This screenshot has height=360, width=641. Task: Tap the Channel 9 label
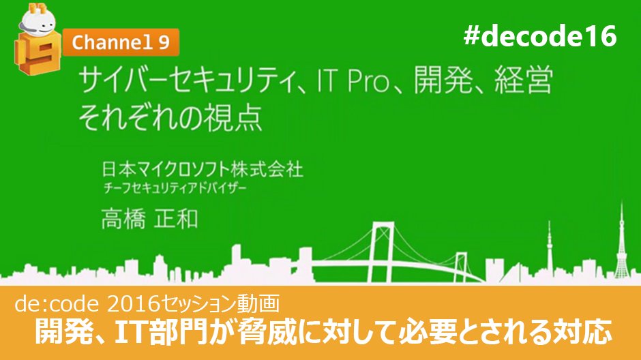coord(121,43)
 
